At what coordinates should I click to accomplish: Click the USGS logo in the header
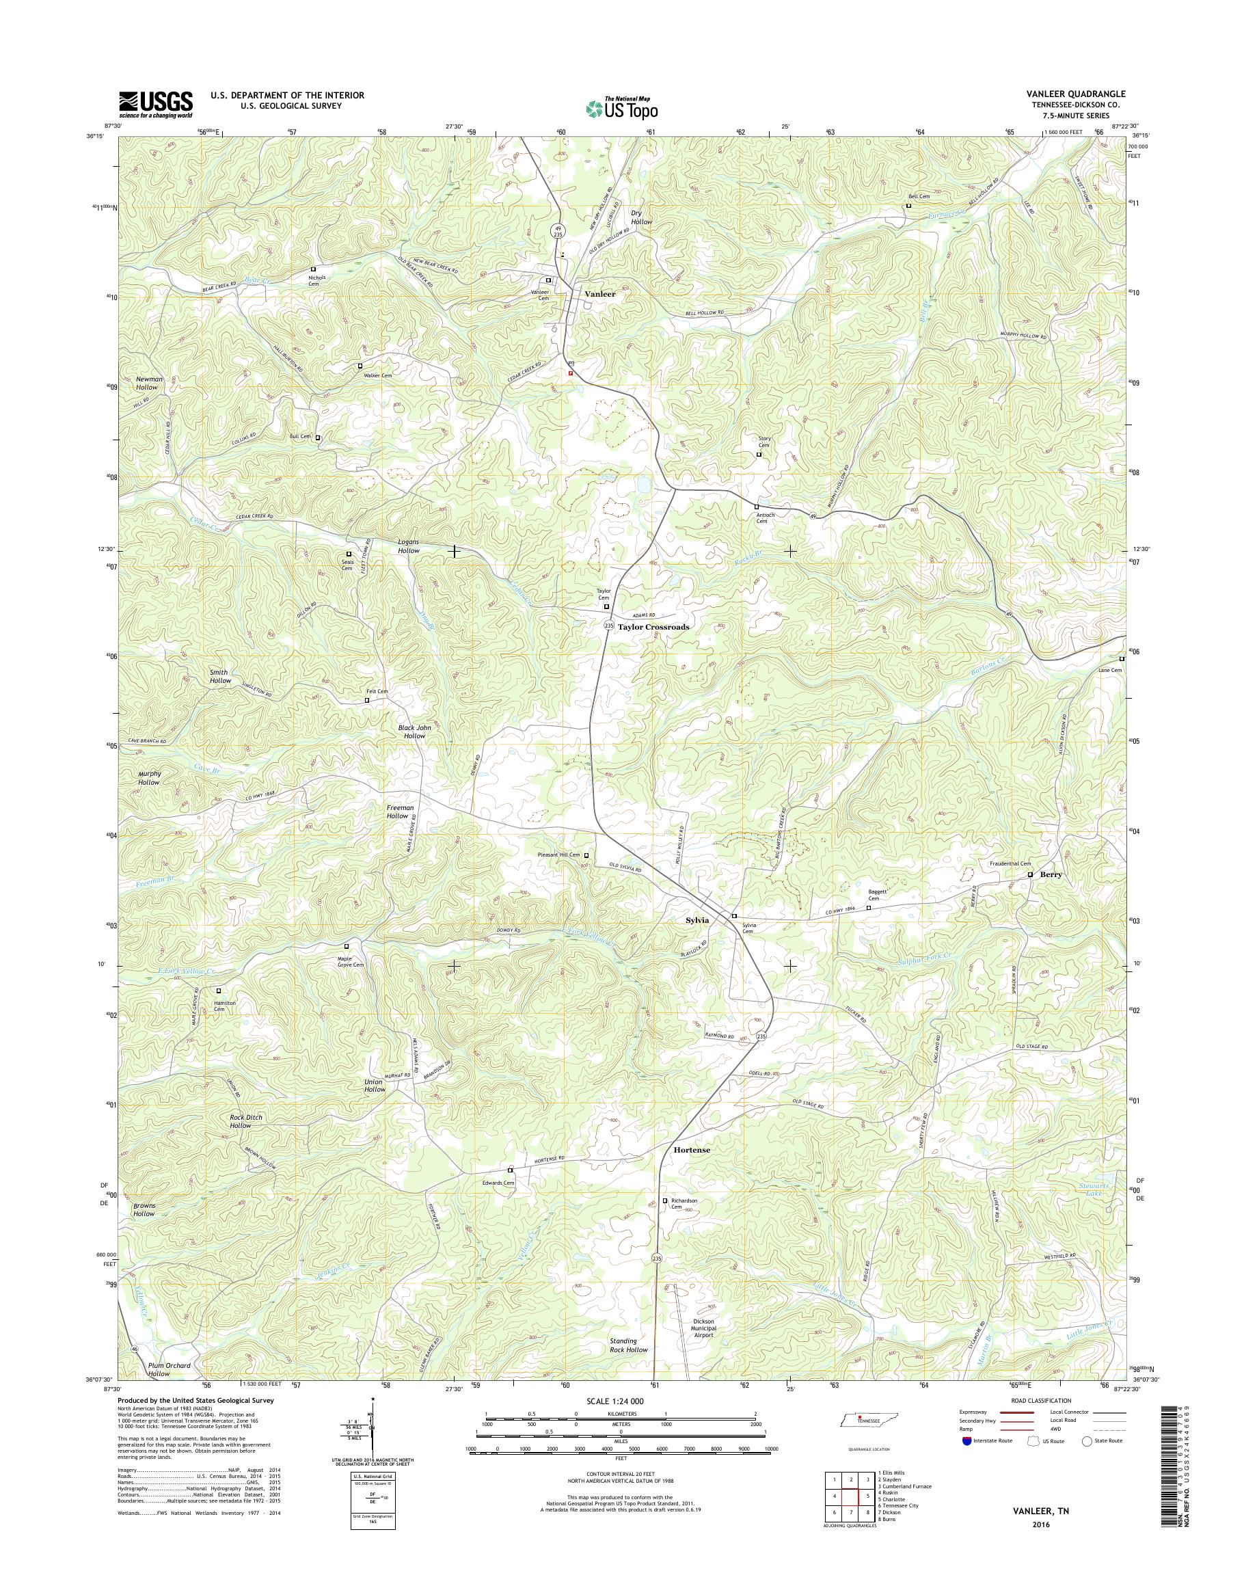point(156,104)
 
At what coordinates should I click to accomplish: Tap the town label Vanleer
point(600,295)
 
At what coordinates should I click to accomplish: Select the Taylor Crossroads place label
point(653,626)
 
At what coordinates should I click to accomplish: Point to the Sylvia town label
point(697,920)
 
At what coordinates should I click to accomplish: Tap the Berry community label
point(1051,874)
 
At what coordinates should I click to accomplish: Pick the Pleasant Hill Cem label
point(558,855)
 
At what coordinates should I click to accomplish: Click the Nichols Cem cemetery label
point(313,280)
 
